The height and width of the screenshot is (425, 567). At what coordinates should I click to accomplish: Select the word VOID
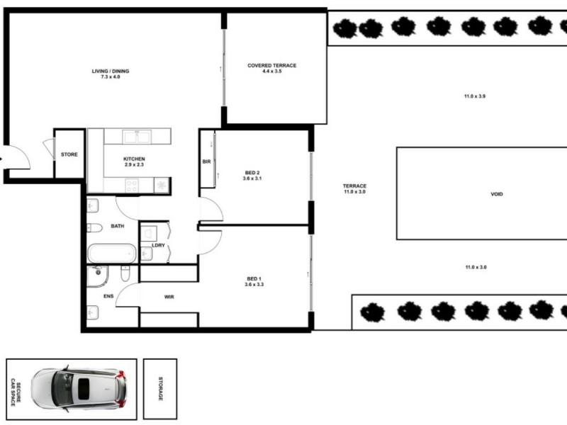(496, 194)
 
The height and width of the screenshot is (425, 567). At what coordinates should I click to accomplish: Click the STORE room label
(69, 154)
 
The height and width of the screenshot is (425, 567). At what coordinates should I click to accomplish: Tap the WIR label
(169, 297)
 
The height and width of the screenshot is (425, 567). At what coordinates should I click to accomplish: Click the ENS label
(108, 296)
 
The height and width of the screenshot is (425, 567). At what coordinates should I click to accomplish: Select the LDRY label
(158, 246)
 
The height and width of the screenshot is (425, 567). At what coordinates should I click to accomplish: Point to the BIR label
(206, 161)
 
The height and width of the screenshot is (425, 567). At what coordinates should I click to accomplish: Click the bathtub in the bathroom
(111, 253)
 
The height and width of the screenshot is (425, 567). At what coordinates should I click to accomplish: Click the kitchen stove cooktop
(131, 186)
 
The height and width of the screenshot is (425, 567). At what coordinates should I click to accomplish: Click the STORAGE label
(161, 388)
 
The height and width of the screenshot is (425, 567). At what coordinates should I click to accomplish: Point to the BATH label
(117, 227)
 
